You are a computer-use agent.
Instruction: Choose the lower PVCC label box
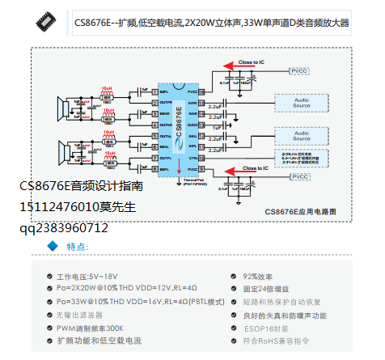299,176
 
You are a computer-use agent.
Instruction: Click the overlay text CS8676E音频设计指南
82,186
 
